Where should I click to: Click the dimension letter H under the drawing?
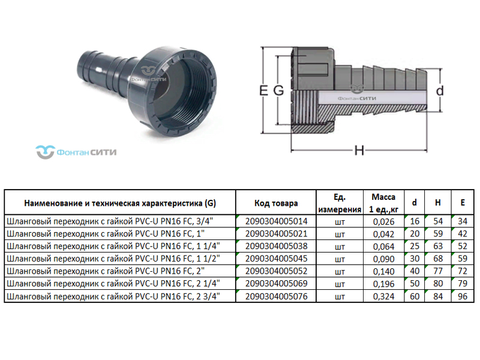coord(359,150)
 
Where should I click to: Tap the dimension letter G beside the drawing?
coord(278,91)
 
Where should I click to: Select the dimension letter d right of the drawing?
coord(439,91)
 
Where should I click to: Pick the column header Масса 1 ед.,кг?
coord(383,203)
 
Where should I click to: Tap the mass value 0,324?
coord(383,296)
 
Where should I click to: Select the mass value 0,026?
coord(383,221)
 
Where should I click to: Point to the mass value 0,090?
coord(383,259)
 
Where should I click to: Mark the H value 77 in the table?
coord(437,271)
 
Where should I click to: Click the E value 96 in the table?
coord(461,296)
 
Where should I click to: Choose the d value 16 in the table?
coord(414,221)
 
